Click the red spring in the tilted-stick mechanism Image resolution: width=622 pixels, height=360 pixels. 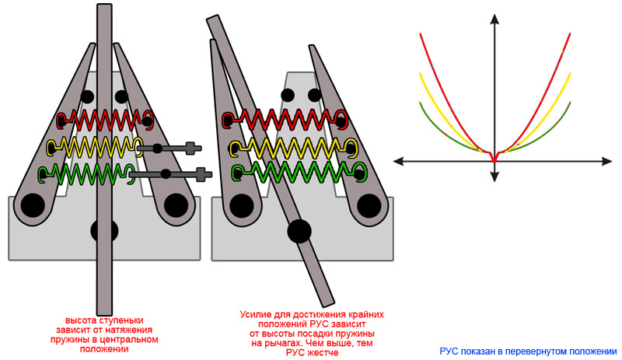(x=284, y=118)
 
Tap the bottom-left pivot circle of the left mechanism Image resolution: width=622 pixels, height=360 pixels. (x=32, y=205)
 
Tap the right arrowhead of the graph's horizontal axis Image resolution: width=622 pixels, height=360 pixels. (x=607, y=161)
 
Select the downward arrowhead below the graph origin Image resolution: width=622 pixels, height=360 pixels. (x=494, y=177)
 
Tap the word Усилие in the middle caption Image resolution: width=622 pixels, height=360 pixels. (x=257, y=315)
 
